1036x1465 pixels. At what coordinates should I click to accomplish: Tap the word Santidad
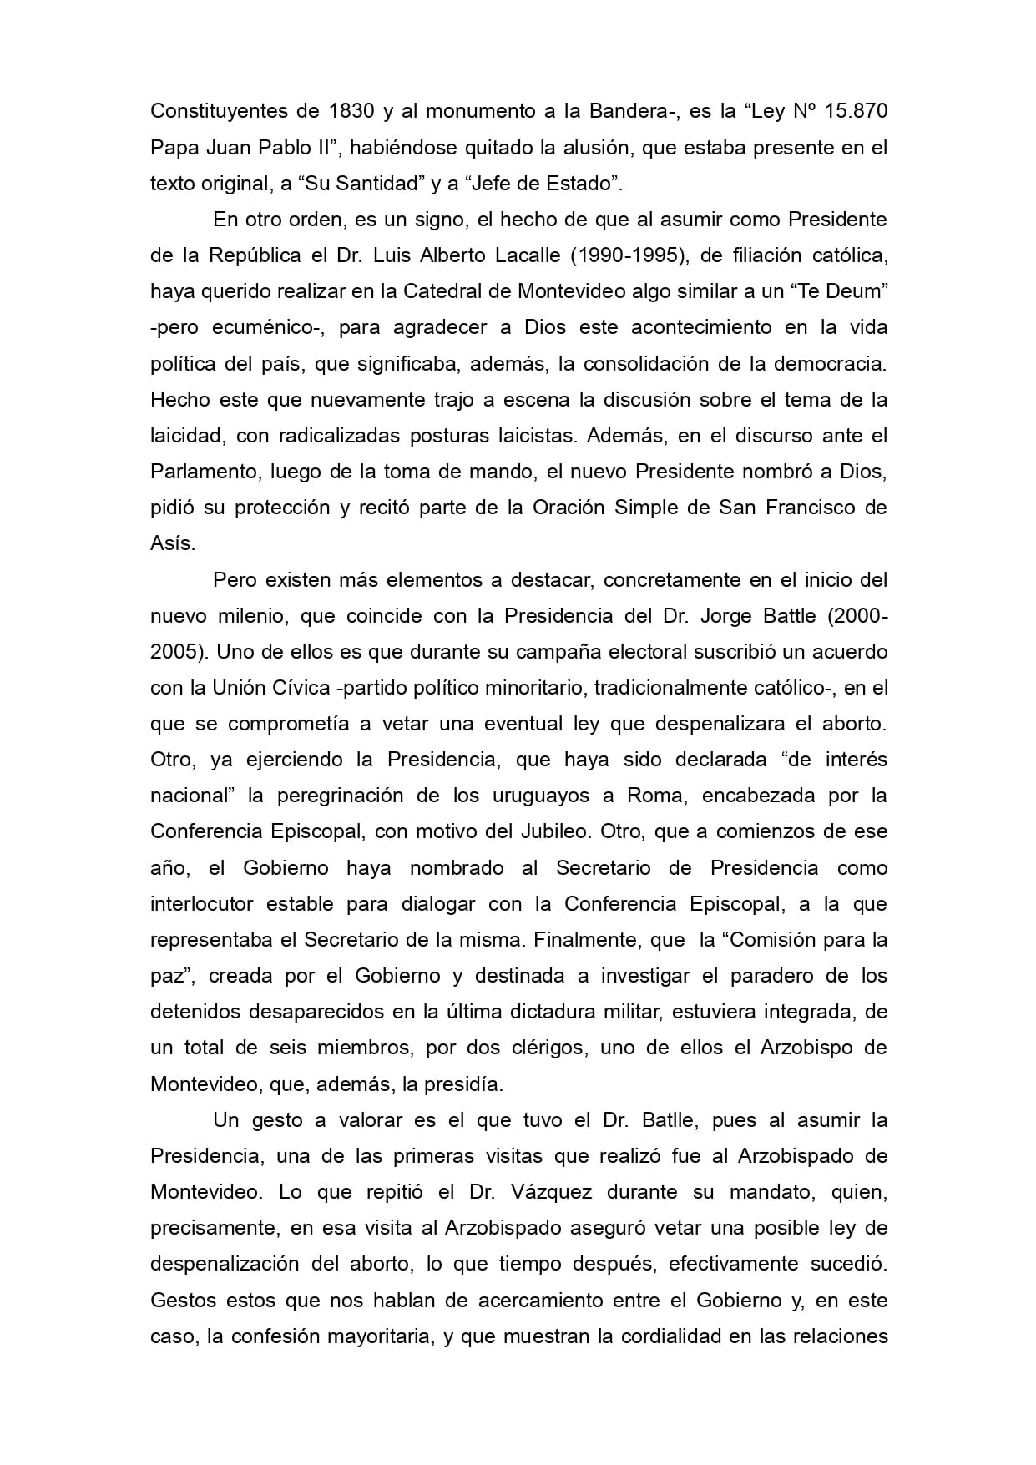pyautogui.click(x=370, y=183)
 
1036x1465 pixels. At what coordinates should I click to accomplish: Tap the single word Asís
pyautogui.click(x=172, y=543)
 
